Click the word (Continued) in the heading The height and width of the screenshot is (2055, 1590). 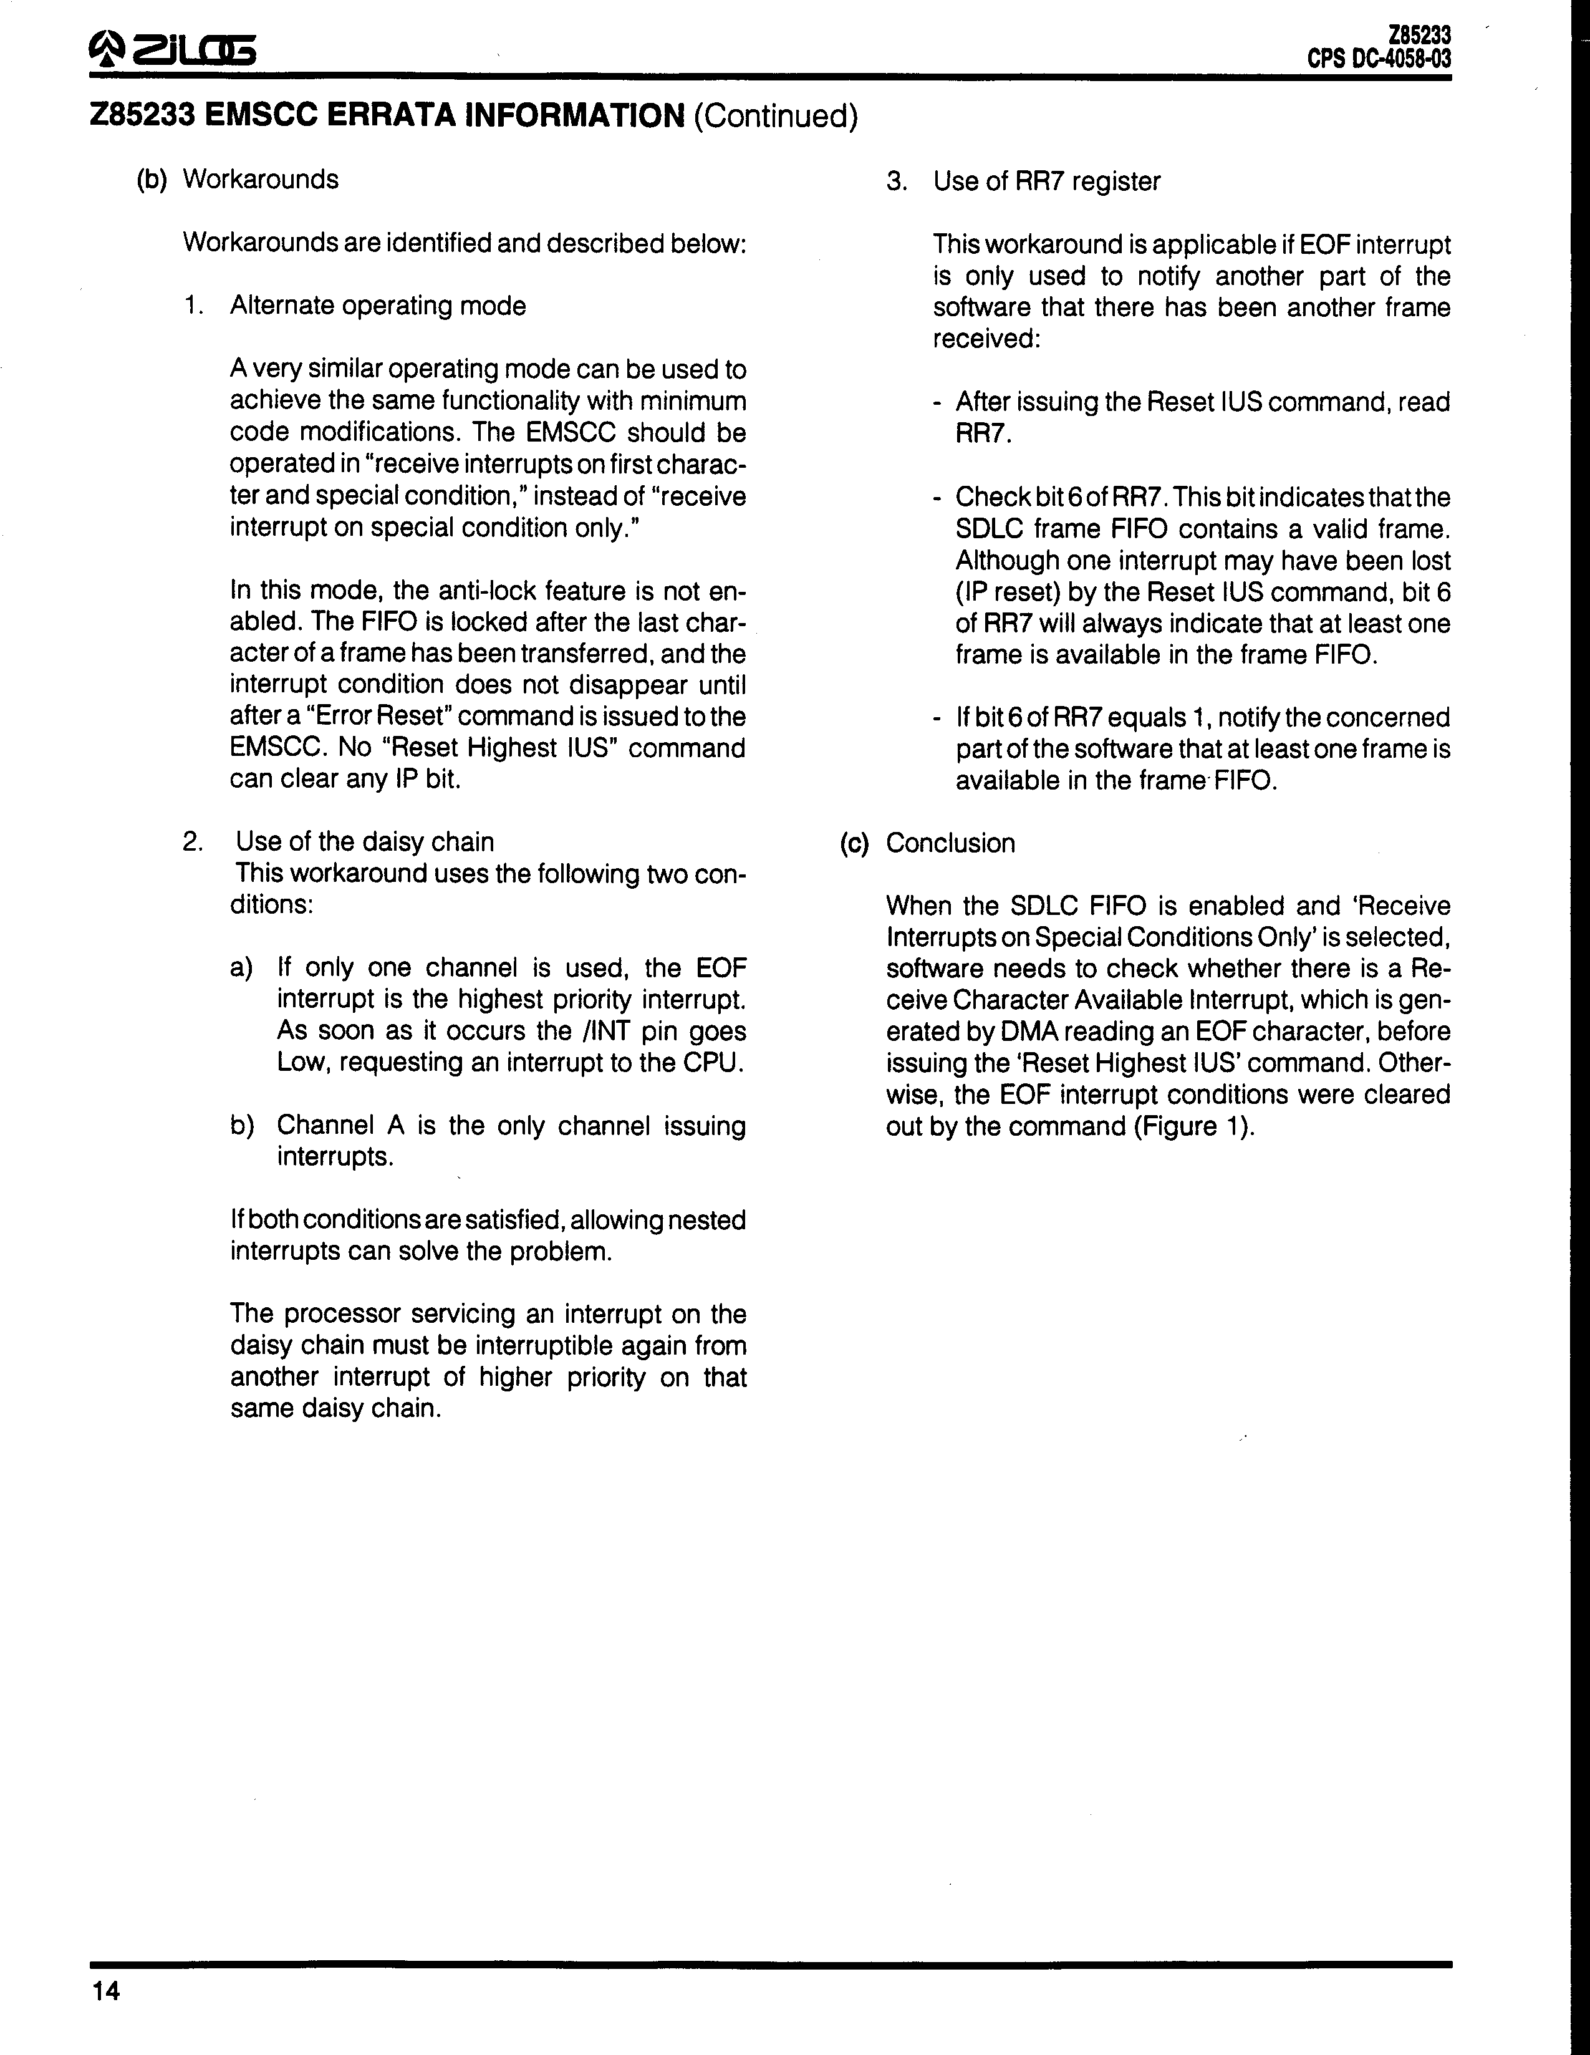click(775, 117)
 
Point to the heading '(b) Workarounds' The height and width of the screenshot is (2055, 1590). click(237, 180)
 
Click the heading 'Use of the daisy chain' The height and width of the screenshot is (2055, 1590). click(364, 841)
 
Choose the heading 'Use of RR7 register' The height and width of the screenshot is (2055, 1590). click(1046, 181)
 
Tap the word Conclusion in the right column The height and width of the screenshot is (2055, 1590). click(950, 843)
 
